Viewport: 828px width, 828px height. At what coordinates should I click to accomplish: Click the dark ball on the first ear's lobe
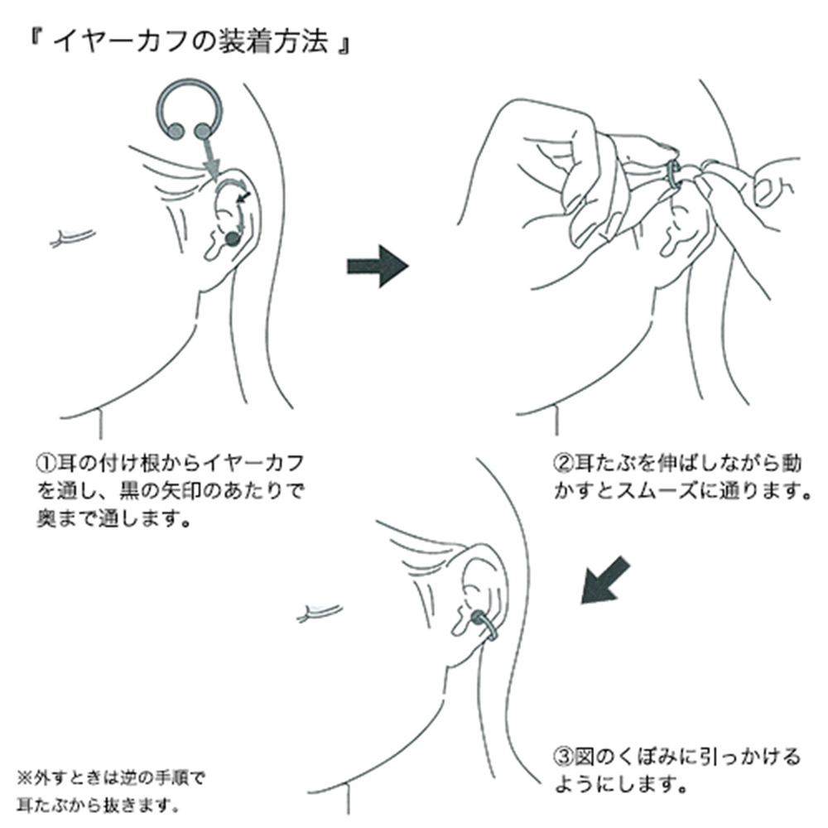(x=231, y=238)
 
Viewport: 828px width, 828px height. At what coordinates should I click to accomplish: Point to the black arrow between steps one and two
(x=377, y=266)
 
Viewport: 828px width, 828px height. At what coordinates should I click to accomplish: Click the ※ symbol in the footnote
(x=23, y=778)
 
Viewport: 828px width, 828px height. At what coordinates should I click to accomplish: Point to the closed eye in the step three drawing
(x=319, y=613)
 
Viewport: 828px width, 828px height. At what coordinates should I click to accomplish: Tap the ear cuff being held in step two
(x=674, y=176)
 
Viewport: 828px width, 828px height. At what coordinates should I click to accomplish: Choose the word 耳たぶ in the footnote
(x=38, y=803)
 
